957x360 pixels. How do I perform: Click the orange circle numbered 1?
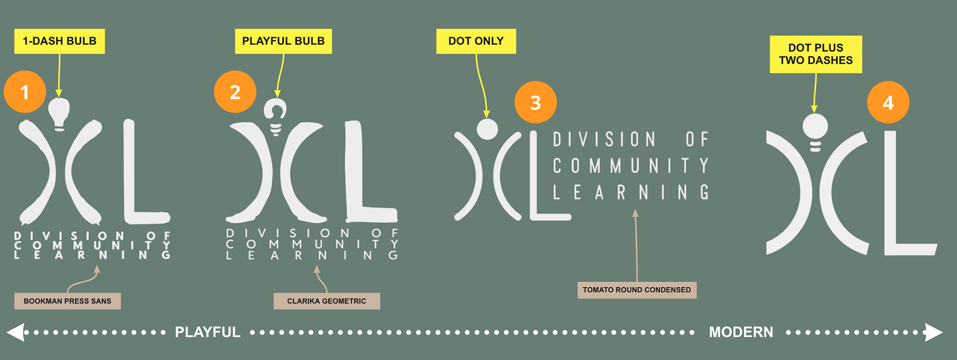pos(25,92)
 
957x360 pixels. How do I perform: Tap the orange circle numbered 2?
pos(235,92)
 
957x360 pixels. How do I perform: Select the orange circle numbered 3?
pos(535,102)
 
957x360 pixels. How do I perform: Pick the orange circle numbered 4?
pos(888,102)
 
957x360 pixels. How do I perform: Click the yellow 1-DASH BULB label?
pos(59,41)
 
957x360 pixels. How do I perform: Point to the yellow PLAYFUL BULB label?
pos(283,41)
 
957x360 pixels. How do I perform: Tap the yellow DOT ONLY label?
pos(476,41)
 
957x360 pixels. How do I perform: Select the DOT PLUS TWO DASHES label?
pos(815,54)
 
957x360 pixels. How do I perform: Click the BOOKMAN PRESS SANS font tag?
pos(67,301)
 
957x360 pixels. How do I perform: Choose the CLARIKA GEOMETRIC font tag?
pos(326,301)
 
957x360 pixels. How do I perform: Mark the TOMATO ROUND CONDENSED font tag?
pos(637,290)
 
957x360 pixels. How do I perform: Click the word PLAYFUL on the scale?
pos(207,332)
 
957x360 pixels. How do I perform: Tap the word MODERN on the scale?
pos(741,332)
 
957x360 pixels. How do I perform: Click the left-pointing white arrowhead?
pos(16,332)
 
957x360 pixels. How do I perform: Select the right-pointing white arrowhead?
pos(933,332)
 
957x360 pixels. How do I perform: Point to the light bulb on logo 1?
pos(59,113)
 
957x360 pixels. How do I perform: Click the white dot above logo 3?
pos(487,129)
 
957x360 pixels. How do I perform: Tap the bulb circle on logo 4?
pos(815,126)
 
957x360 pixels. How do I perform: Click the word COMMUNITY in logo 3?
pos(631,166)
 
